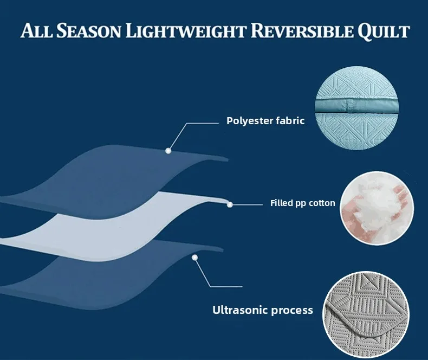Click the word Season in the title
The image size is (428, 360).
click(89, 30)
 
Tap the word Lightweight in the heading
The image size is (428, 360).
click(186, 30)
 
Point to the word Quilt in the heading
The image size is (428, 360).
click(384, 31)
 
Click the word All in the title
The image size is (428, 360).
click(37, 30)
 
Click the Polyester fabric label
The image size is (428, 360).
click(265, 121)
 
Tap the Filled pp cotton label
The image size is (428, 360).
click(303, 203)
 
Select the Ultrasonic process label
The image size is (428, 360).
click(263, 310)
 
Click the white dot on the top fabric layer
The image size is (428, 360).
click(168, 151)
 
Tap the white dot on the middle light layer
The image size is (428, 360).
click(230, 204)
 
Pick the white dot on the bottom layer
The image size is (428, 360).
click(194, 258)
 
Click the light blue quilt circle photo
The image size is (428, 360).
click(357, 108)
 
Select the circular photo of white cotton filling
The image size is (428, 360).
click(377, 208)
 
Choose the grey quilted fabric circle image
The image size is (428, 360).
click(366, 314)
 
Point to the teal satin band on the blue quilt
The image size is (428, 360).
click(357, 106)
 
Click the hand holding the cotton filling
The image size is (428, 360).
click(352, 216)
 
